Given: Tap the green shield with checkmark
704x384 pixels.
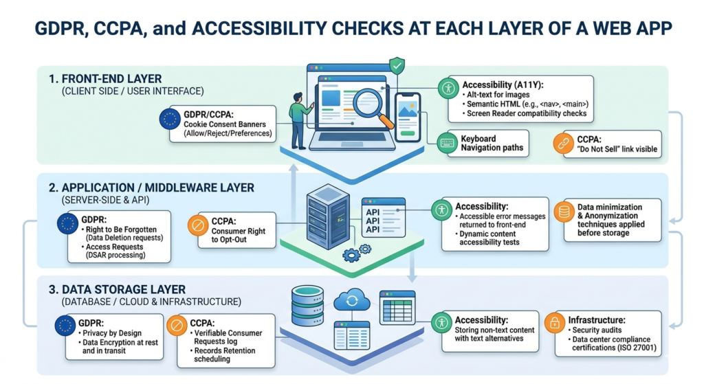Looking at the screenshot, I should point(396,66).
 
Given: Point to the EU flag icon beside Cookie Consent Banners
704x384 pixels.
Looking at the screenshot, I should point(169,120).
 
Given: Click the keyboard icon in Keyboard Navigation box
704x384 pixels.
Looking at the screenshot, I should point(448,144).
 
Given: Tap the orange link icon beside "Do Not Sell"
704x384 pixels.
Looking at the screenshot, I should point(563,144).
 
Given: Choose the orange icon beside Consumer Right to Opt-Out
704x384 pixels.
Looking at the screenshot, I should point(198,225).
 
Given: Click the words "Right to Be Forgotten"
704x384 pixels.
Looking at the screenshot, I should point(122,230).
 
